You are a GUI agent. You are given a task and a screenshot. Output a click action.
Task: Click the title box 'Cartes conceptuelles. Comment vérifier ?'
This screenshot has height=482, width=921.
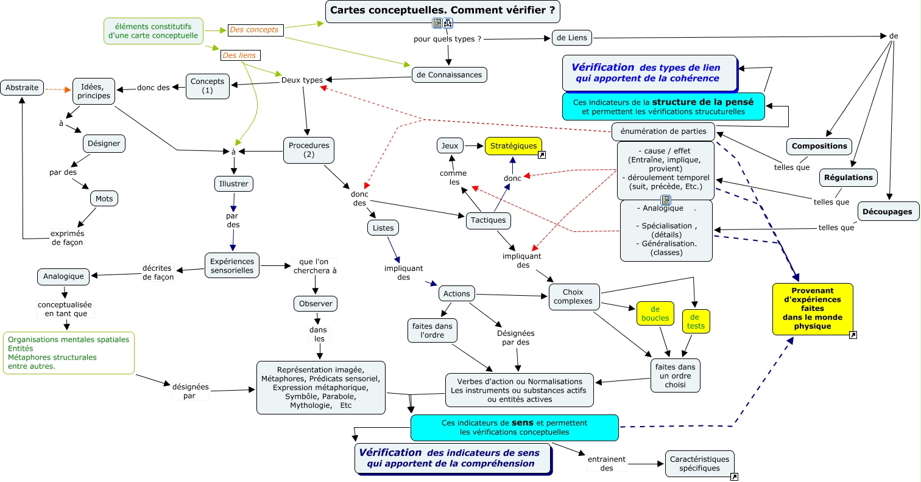click(x=442, y=10)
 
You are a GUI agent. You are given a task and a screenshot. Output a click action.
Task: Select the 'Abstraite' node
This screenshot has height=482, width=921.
click(x=23, y=88)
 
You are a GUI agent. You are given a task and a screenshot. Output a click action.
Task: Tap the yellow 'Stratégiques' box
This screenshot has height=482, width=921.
click(x=513, y=146)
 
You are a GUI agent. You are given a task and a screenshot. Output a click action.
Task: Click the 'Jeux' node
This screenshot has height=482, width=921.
click(x=450, y=146)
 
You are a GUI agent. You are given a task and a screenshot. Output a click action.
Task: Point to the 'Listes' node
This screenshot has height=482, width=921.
click(x=383, y=228)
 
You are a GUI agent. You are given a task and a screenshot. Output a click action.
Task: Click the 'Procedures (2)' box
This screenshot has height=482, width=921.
click(x=309, y=150)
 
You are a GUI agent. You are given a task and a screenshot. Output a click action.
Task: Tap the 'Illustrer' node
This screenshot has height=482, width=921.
click(x=233, y=183)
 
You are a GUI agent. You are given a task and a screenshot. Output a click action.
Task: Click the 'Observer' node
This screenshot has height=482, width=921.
click(x=315, y=304)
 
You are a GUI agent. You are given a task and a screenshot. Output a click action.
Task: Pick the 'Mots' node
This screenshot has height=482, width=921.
click(x=104, y=198)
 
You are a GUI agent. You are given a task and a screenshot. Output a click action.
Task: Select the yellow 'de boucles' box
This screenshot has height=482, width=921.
click(x=655, y=313)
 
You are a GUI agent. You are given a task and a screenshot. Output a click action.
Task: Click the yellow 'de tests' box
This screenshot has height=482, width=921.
click(x=695, y=321)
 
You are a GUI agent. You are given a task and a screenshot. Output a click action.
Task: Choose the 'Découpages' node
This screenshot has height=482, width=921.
click(x=888, y=212)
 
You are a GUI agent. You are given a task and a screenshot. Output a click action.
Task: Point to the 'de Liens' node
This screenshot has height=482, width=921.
click(x=571, y=38)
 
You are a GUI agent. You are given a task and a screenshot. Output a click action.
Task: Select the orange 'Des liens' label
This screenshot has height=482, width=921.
click(x=240, y=55)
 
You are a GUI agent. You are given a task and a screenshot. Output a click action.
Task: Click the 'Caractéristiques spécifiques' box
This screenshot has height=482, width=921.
click(x=699, y=464)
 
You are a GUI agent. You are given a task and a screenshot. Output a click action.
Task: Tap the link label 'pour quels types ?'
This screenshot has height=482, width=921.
click(x=447, y=39)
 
